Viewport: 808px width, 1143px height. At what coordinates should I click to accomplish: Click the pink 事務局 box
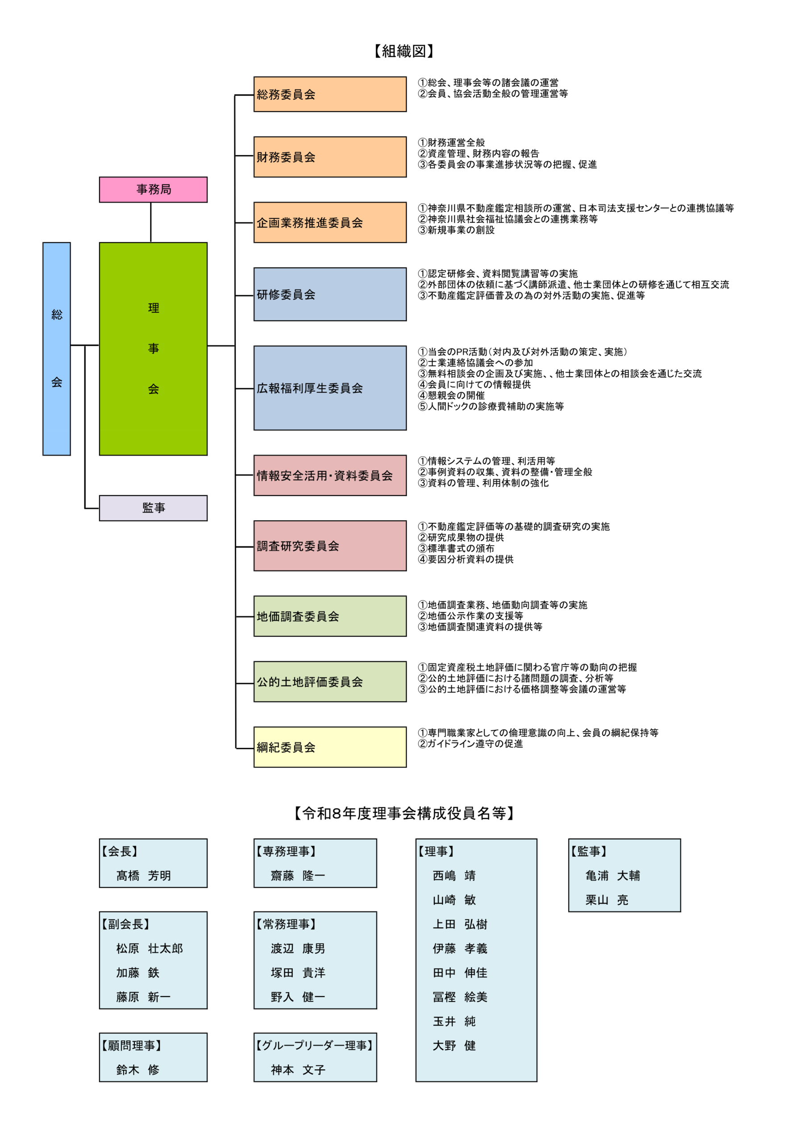click(x=153, y=189)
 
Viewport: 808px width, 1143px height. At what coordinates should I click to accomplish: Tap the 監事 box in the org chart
click(x=153, y=508)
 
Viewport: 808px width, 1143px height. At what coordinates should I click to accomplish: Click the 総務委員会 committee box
click(x=329, y=94)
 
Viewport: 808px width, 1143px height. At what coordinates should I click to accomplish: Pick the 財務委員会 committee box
click(x=329, y=157)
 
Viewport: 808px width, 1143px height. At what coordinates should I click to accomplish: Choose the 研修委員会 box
click(x=329, y=294)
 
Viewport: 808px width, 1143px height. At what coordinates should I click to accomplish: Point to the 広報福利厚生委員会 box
click(x=329, y=388)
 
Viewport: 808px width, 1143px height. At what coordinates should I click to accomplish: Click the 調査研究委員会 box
click(x=329, y=546)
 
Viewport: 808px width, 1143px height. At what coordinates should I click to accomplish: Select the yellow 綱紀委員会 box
click(x=329, y=747)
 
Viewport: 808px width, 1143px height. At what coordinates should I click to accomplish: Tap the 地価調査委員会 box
click(x=329, y=616)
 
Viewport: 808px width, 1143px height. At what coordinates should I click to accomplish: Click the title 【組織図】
click(x=404, y=51)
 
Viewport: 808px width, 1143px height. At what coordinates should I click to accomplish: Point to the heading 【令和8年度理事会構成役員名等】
click(x=404, y=813)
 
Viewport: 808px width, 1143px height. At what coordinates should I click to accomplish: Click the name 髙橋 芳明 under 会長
click(x=143, y=875)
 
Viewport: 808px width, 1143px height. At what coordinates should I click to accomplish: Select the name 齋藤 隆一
click(x=298, y=875)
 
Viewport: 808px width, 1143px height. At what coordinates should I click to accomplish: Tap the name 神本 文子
click(x=298, y=1069)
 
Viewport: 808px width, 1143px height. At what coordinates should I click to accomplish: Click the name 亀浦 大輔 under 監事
click(x=612, y=875)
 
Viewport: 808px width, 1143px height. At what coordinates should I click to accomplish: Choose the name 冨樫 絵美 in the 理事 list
click(x=460, y=997)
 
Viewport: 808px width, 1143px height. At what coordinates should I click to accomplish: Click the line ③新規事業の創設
click(x=457, y=230)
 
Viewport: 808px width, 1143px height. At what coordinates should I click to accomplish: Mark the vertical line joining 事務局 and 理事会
click(x=151, y=222)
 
